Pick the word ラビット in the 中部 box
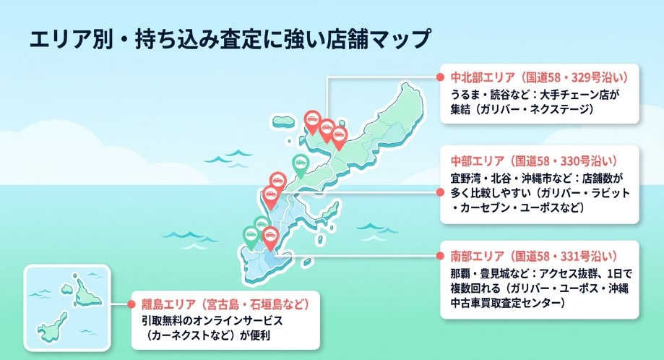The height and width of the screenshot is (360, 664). (611, 194)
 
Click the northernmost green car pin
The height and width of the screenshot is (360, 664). (299, 164)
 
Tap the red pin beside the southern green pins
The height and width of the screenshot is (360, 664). (270, 236)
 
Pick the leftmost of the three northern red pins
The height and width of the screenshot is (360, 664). (312, 121)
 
